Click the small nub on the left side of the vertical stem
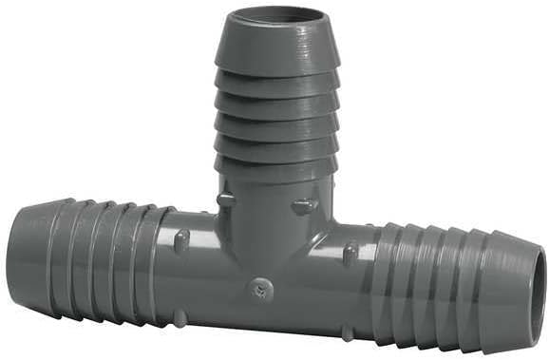[224, 199]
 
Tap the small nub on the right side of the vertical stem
[304, 204]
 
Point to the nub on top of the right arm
[350, 253]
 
